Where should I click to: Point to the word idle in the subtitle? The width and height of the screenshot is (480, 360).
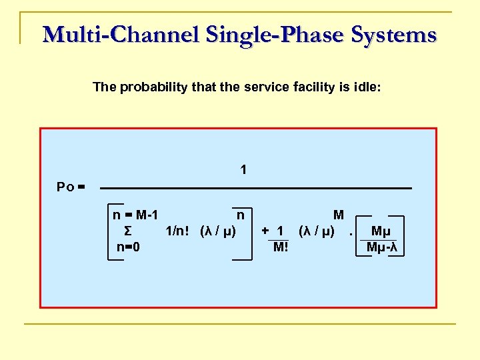pos(366,87)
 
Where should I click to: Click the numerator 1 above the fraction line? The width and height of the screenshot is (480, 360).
pos(244,171)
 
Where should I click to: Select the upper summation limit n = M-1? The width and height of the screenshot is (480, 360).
pos(135,215)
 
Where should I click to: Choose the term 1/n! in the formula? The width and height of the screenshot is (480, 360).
pos(177,231)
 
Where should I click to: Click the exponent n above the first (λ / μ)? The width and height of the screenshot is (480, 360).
pos(240,215)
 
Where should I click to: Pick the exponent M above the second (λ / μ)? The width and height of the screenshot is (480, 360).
pos(339,215)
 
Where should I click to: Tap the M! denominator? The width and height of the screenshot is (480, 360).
pos(281,247)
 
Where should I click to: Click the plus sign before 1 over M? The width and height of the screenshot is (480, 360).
pos(265,231)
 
